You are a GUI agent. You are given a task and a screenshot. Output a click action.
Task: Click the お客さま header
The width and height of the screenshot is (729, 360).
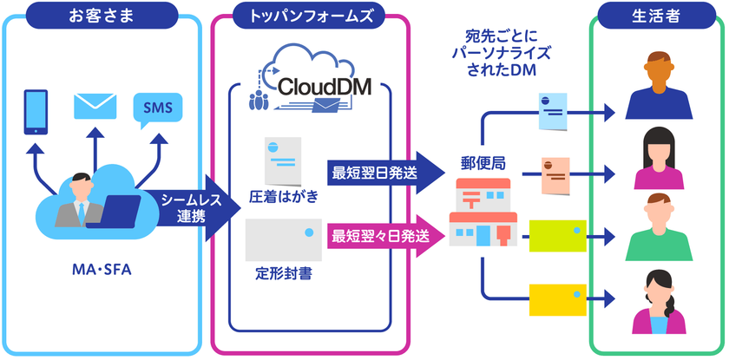point(103,16)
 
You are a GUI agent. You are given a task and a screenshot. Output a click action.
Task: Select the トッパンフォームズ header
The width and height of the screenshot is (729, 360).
point(310,16)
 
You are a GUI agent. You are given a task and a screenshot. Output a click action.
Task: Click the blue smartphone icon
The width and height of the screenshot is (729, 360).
point(36,111)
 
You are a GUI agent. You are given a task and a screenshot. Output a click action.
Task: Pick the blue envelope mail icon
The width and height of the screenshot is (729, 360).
point(95,106)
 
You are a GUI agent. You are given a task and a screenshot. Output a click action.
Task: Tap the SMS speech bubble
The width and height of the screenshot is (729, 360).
point(158,108)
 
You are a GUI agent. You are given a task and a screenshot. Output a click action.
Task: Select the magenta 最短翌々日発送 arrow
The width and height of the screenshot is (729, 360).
point(382,235)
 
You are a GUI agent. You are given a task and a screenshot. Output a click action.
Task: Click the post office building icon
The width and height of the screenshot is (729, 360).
point(483,213)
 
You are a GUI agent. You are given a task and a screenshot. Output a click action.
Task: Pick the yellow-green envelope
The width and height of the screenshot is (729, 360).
point(557,235)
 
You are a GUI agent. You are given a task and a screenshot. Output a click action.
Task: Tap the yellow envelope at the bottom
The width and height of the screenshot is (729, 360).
point(557,299)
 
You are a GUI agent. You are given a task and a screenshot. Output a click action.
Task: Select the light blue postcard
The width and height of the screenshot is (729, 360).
point(551,110)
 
